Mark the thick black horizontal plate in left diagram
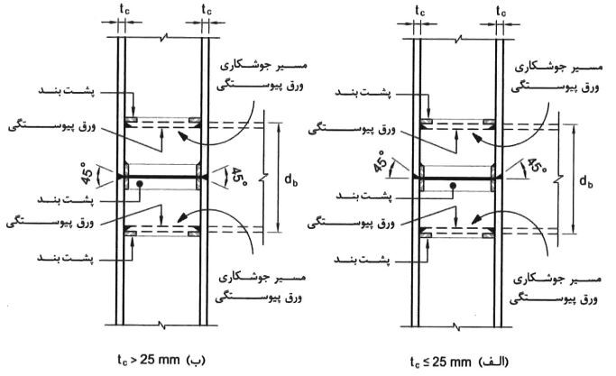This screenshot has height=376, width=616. (x=164, y=179)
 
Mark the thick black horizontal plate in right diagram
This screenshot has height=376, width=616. (x=455, y=179)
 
